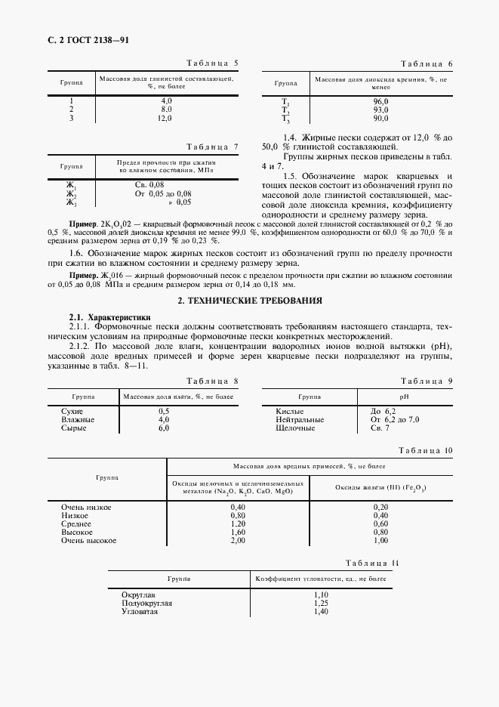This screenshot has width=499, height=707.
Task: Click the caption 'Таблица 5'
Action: click(x=212, y=63)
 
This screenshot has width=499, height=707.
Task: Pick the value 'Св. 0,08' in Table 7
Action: click(x=149, y=184)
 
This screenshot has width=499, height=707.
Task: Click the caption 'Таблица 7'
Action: click(x=212, y=146)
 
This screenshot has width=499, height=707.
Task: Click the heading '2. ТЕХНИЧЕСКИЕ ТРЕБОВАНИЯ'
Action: click(x=249, y=301)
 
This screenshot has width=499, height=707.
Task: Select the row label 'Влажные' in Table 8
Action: click(x=78, y=419)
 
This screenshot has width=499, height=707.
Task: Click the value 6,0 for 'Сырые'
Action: click(x=164, y=428)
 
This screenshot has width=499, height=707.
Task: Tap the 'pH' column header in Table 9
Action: click(x=403, y=396)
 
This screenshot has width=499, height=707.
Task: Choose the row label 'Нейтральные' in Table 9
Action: click(x=300, y=419)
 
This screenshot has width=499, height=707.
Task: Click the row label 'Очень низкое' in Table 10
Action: click(x=86, y=507)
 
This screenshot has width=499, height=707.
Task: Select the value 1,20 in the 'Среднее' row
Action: click(x=238, y=523)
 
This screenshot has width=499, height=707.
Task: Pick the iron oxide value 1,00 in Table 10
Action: click(x=381, y=541)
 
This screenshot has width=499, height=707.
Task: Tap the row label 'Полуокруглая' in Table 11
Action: click(x=146, y=604)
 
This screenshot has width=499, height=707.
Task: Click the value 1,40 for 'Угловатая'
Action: click(x=321, y=612)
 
